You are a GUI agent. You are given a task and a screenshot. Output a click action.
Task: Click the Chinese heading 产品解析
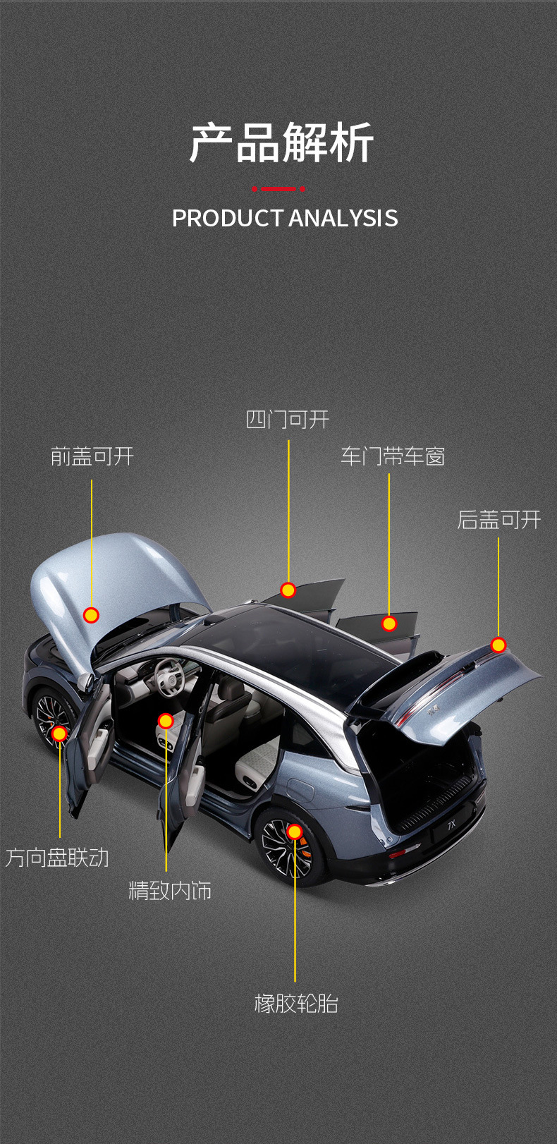[281, 143]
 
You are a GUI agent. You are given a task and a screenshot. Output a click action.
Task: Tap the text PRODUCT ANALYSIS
[285, 219]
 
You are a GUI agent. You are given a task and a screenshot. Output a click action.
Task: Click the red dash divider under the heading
[278, 188]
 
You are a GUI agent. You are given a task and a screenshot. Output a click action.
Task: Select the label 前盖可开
[92, 456]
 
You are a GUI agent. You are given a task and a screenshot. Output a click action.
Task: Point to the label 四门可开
[288, 420]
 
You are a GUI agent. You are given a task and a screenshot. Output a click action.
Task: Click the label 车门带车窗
[393, 456]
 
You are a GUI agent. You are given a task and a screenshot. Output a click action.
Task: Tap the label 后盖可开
[498, 520]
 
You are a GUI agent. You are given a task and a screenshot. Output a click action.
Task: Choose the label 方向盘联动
[58, 858]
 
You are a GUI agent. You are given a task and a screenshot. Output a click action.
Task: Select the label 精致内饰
[170, 891]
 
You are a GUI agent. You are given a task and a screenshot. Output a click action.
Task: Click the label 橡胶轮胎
[296, 1003]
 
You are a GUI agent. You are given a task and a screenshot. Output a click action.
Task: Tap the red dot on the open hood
[91, 615]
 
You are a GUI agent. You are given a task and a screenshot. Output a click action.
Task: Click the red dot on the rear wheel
[295, 832]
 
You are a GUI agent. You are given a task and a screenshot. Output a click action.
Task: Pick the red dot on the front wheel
[59, 734]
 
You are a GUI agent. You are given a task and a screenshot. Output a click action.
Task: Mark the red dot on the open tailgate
[498, 645]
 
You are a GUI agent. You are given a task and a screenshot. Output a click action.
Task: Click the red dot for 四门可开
[288, 590]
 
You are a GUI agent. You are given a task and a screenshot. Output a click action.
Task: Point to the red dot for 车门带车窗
[389, 623]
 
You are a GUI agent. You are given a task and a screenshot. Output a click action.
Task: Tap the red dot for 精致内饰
[166, 721]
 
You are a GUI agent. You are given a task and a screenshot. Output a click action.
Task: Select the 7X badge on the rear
[451, 823]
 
